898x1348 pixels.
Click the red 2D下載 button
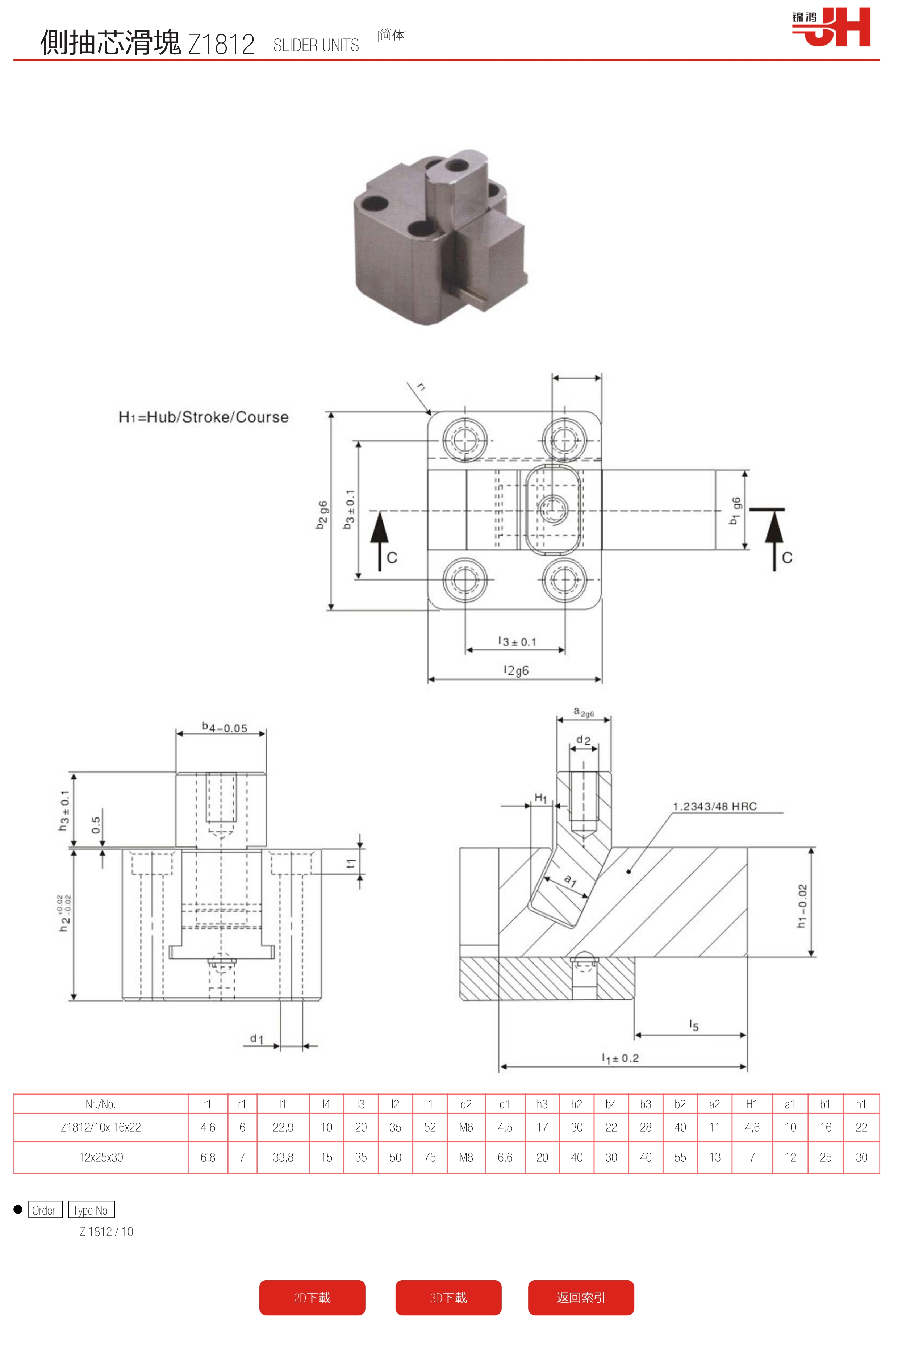coord(312,1298)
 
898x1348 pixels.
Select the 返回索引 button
coord(581,1298)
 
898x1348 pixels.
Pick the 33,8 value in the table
coord(283,1157)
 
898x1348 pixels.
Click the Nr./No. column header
coord(101,1104)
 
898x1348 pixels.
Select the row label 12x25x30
coord(101,1157)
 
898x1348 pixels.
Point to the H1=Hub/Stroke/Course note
coord(203,417)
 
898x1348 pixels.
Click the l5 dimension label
coord(694,1025)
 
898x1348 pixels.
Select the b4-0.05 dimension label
coord(225,728)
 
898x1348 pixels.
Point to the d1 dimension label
coord(256,1039)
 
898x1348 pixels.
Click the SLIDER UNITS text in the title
coord(316,45)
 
